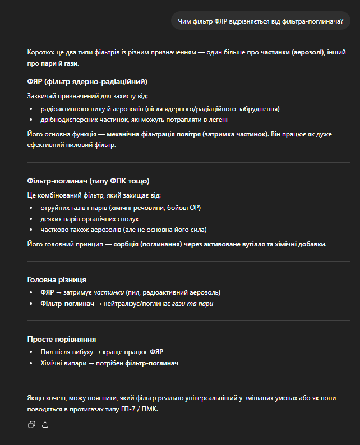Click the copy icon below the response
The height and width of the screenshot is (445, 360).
pyautogui.click(x=31, y=425)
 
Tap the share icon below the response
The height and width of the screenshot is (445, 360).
pyautogui.click(x=45, y=425)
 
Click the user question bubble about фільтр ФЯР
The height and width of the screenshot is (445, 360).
pyautogui.click(x=260, y=21)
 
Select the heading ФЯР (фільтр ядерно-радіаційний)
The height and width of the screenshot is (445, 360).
pyautogui.click(x=87, y=82)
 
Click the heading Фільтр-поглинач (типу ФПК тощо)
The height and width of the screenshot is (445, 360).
pyautogui.click(x=88, y=181)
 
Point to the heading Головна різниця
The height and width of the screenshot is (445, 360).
pyautogui.click(x=57, y=279)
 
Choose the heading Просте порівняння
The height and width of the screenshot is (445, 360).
pyautogui.click(x=62, y=339)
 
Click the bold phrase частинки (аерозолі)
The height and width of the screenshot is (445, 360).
pyautogui.click(x=292, y=52)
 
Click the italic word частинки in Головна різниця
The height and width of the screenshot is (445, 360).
pyautogui.click(x=109, y=292)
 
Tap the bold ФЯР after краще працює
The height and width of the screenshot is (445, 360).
pyautogui.click(x=156, y=352)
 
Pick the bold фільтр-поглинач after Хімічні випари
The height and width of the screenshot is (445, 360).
pyautogui.click(x=152, y=363)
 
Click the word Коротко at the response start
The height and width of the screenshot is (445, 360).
pyautogui.click(x=39, y=52)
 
